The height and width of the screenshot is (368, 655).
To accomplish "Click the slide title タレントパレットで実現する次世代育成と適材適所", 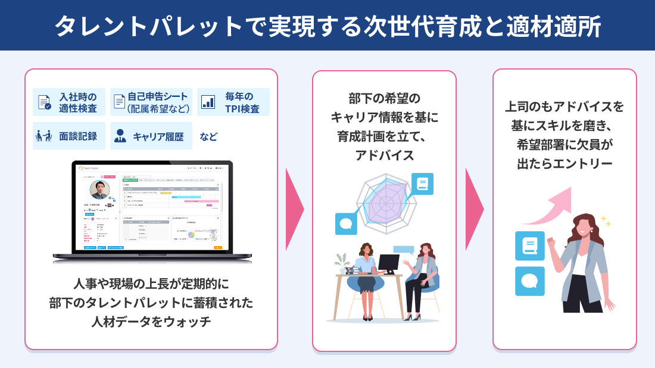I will pyautogui.click(x=327, y=26).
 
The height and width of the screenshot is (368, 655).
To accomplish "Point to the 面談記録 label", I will pyautogui.click(x=74, y=136).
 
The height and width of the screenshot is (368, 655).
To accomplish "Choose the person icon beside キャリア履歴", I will pyautogui.click(x=120, y=136).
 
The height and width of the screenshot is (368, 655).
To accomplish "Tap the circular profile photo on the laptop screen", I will pyautogui.click(x=99, y=190).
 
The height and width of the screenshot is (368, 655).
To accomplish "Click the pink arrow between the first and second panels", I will pyautogui.click(x=294, y=209).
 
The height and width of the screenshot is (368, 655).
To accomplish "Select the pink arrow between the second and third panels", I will pyautogui.click(x=474, y=209).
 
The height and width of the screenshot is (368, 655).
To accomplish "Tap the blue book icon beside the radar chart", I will pyautogui.click(x=422, y=184).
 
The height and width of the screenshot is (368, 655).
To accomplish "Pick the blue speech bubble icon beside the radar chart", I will pyautogui.click(x=347, y=224).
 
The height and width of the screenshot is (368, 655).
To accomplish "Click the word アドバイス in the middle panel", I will pyautogui.click(x=384, y=156).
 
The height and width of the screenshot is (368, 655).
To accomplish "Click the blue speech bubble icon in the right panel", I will pyautogui.click(x=529, y=281).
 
